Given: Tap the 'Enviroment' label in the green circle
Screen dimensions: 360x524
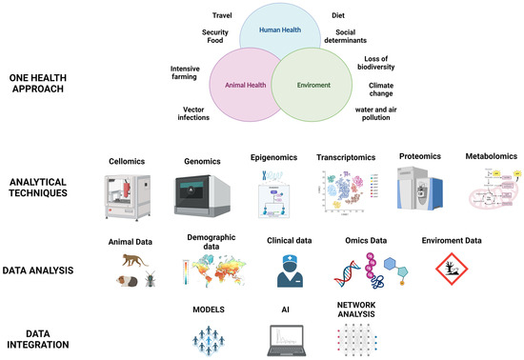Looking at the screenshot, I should point(314,84).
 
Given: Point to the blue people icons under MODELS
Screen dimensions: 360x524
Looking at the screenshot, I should point(208,336).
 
